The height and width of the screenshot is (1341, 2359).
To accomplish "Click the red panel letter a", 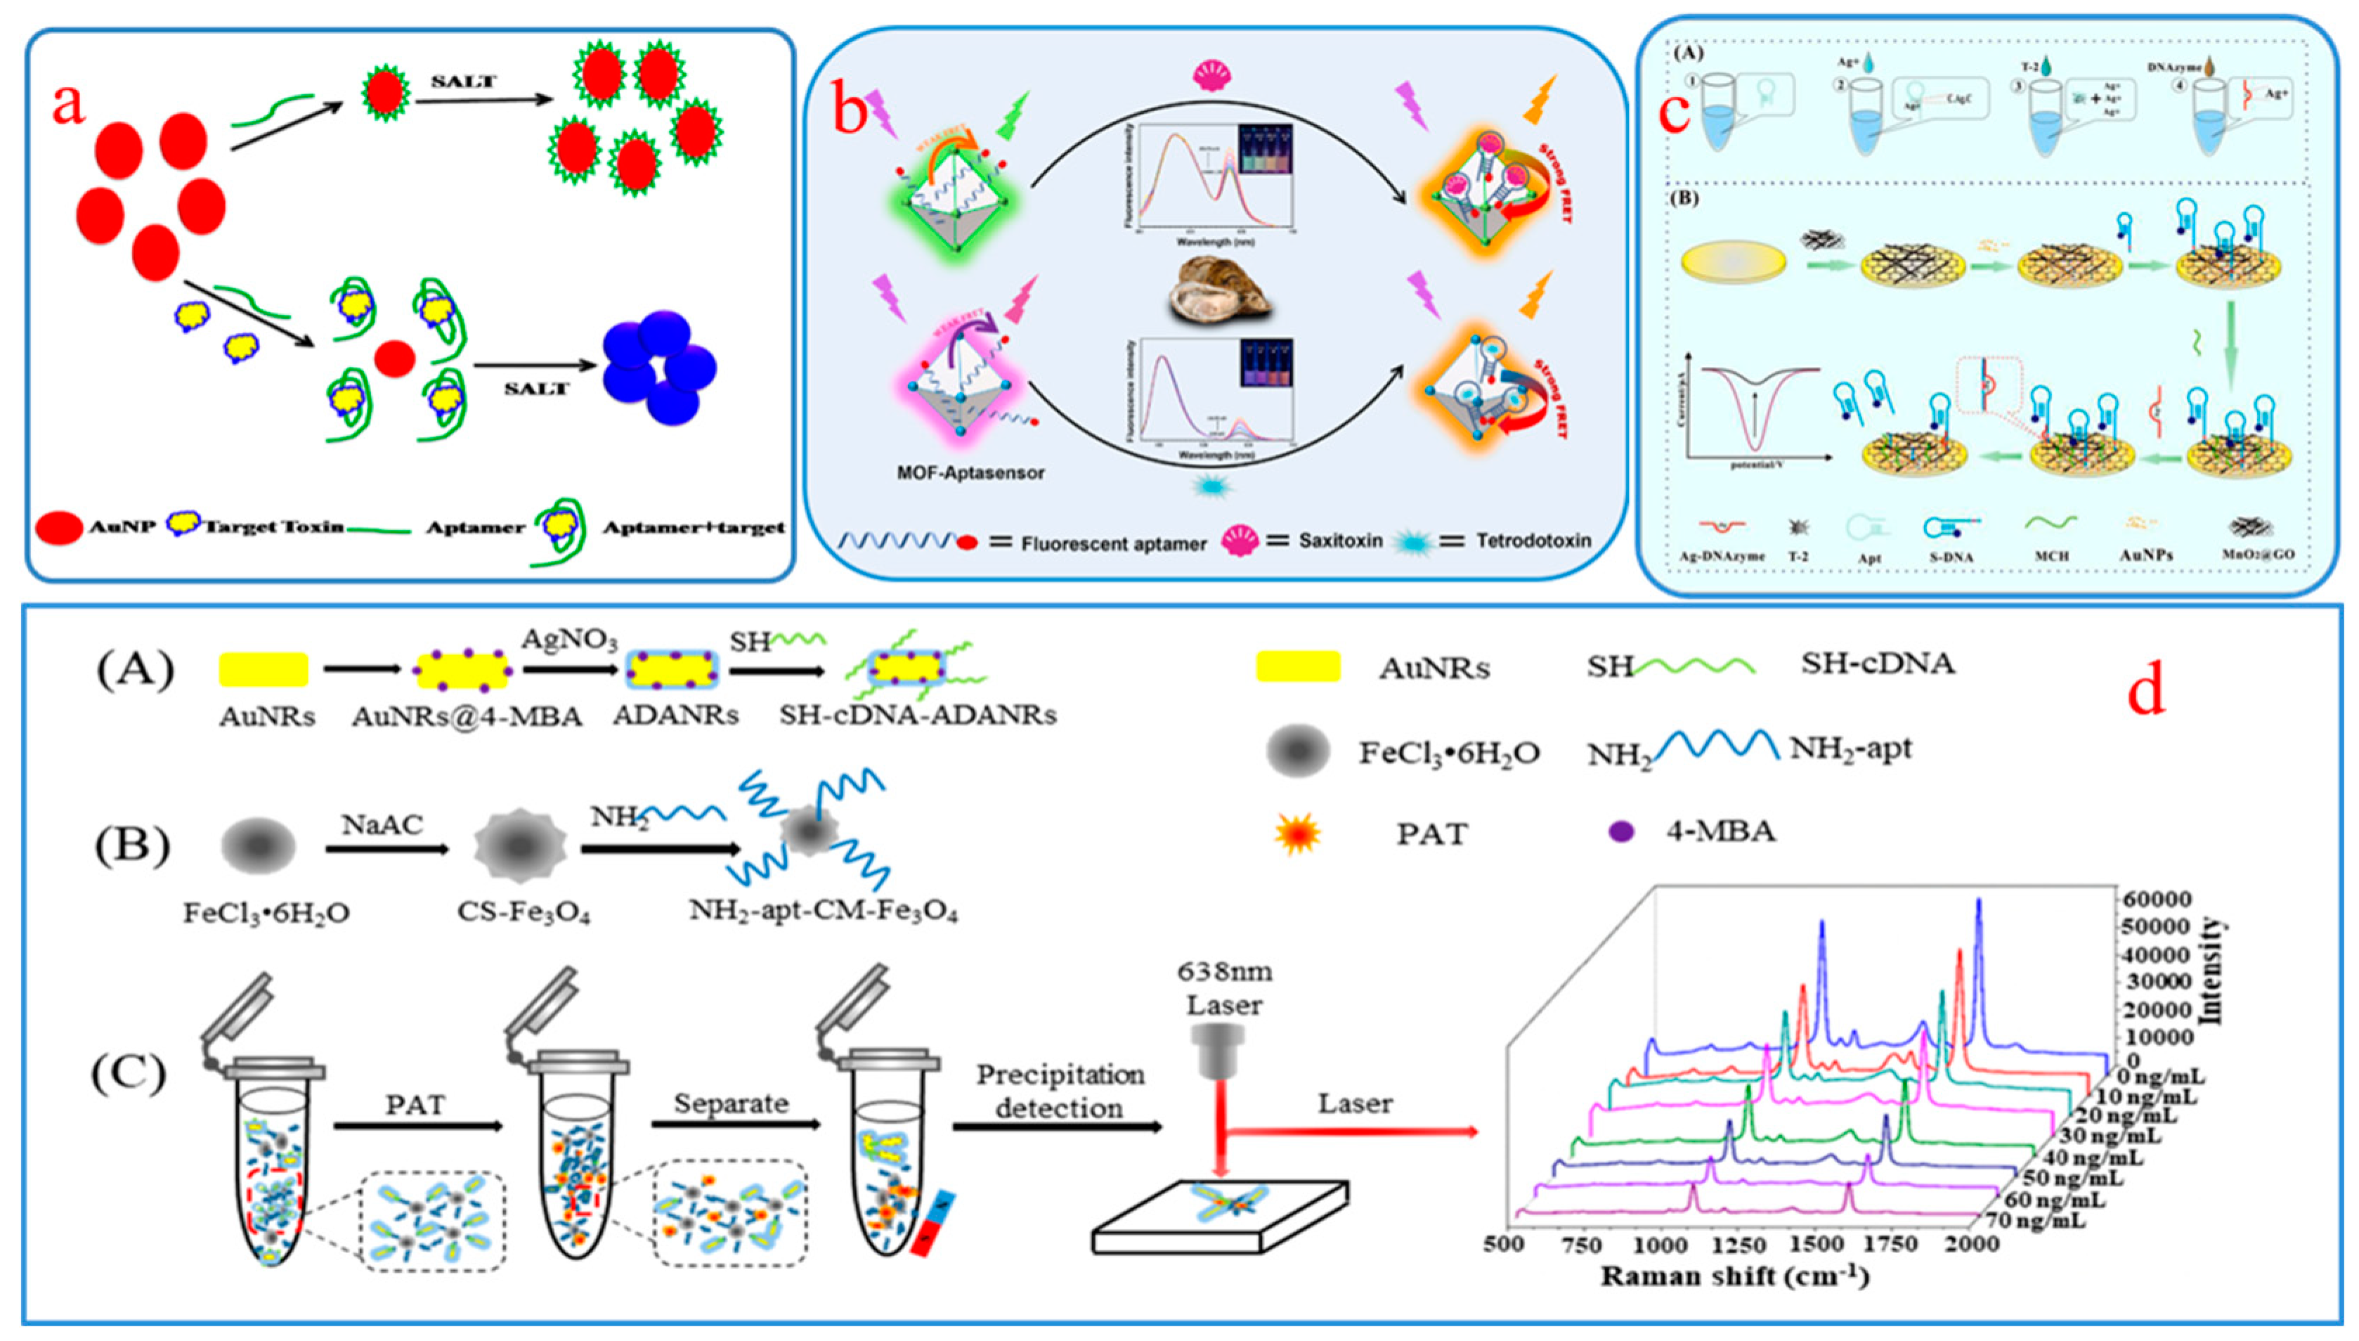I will (x=68, y=104).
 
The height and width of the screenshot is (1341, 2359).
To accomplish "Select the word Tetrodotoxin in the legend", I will (x=1533, y=540).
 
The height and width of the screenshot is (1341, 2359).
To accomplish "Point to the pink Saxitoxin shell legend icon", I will (x=1240, y=540).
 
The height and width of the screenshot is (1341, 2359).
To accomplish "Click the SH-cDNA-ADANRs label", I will (x=917, y=715).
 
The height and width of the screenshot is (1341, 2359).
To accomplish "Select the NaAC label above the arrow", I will (x=382, y=824).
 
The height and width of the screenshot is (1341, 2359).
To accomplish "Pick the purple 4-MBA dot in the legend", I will (x=1620, y=831).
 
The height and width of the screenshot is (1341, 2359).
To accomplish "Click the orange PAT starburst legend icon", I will (x=1297, y=834).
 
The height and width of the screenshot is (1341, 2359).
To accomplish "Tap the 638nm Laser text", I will (x=1223, y=987).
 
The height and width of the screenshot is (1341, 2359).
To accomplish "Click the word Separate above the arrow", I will (x=731, y=1103).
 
